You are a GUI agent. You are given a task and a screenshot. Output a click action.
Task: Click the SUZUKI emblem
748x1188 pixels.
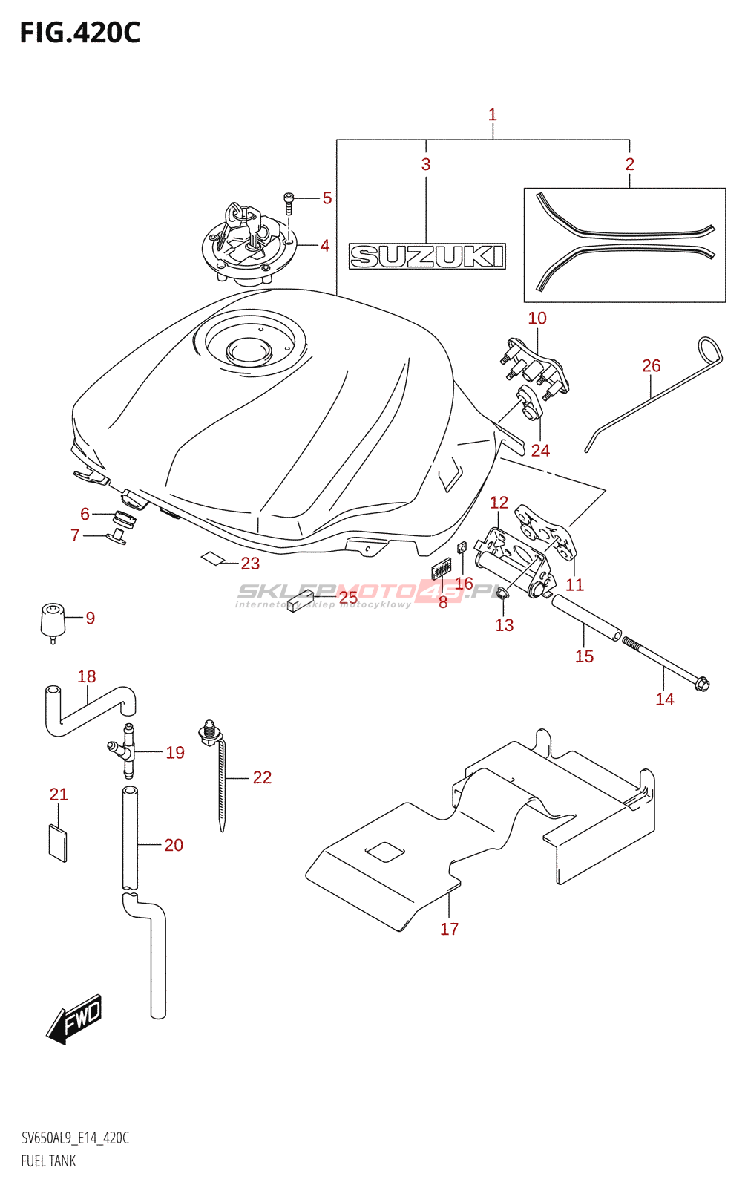click(x=427, y=256)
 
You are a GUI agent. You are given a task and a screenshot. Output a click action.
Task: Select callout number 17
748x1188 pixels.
click(x=449, y=929)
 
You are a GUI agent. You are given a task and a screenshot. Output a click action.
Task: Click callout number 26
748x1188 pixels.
click(x=651, y=365)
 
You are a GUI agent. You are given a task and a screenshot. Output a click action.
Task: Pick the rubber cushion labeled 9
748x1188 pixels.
click(x=52, y=619)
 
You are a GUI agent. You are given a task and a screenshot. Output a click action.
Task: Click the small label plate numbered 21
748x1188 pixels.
click(x=58, y=842)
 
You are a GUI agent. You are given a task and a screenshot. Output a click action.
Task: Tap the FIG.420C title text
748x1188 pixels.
click(x=80, y=33)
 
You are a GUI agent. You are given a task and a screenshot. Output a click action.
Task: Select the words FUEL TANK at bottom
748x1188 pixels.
click(x=48, y=1161)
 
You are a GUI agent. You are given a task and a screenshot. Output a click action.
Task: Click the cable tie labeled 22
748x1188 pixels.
click(x=221, y=780)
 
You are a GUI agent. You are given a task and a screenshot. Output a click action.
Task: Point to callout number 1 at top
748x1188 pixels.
click(x=492, y=115)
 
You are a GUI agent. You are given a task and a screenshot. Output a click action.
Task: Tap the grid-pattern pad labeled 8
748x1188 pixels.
click(x=441, y=569)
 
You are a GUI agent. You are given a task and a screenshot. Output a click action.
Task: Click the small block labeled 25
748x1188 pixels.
click(x=300, y=600)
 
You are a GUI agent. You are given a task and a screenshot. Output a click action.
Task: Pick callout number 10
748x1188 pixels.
click(x=537, y=318)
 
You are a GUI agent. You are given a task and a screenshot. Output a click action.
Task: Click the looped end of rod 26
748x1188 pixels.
click(x=710, y=350)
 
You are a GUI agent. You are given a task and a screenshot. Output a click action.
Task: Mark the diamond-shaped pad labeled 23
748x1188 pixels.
click(x=213, y=558)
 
